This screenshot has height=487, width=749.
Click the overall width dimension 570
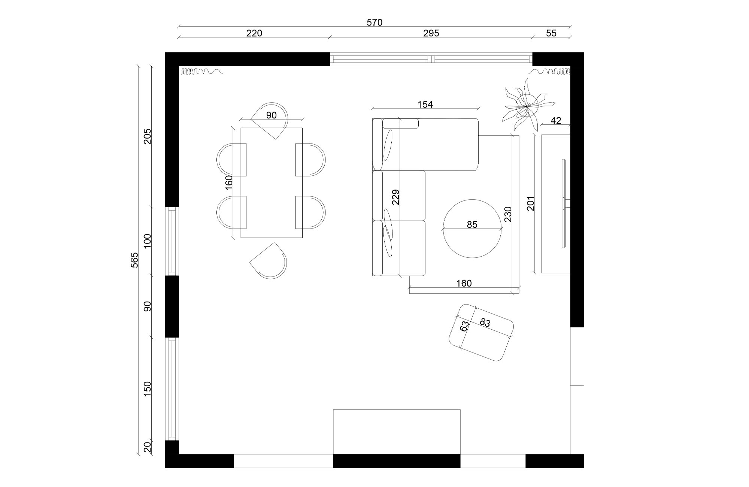(374, 22)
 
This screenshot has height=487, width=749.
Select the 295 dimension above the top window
(431, 33)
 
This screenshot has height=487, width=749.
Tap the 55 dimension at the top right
(551, 33)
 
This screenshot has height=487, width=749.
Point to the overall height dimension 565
(134, 260)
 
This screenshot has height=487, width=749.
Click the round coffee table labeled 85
(472, 240)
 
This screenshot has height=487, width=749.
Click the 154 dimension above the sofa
(425, 105)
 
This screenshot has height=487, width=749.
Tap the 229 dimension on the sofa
(396, 197)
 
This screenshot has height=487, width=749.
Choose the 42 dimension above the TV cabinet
(556, 121)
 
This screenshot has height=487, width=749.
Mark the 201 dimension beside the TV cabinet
(531, 203)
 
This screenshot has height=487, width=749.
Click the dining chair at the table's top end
(270, 119)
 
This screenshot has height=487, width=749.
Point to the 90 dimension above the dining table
(271, 115)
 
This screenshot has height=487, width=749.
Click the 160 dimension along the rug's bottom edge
(464, 284)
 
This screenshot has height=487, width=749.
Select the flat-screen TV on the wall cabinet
(563, 203)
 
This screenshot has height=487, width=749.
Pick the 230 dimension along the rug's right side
(508, 214)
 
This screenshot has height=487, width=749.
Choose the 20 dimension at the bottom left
(147, 447)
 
